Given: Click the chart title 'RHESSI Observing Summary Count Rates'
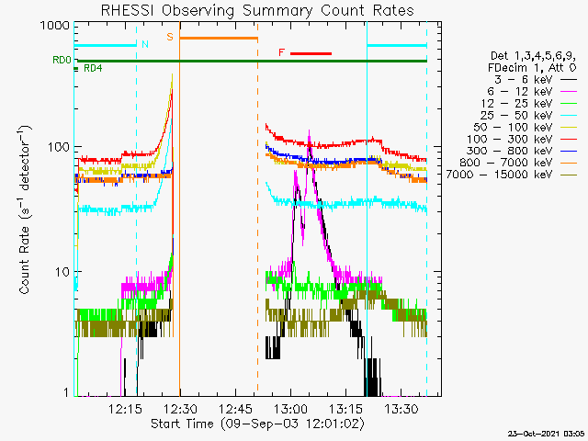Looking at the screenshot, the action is [x=257, y=10].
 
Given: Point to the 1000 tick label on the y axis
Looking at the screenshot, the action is [x=55, y=26].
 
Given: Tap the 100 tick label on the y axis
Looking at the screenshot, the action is [x=59, y=147].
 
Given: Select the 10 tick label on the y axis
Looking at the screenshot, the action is [x=62, y=272].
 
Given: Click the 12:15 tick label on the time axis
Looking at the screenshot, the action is [x=125, y=408].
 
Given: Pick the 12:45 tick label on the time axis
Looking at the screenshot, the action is [x=235, y=408].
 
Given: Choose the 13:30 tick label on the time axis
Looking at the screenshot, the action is [x=401, y=408].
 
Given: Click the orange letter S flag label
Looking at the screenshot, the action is [x=170, y=37].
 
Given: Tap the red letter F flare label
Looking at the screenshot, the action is [x=282, y=52].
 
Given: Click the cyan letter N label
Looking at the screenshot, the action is [x=145, y=44].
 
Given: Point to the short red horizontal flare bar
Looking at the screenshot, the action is [x=311, y=53].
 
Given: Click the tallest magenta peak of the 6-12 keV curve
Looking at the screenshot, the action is [x=309, y=131].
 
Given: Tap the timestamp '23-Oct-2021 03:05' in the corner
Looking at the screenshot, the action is [x=546, y=434].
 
